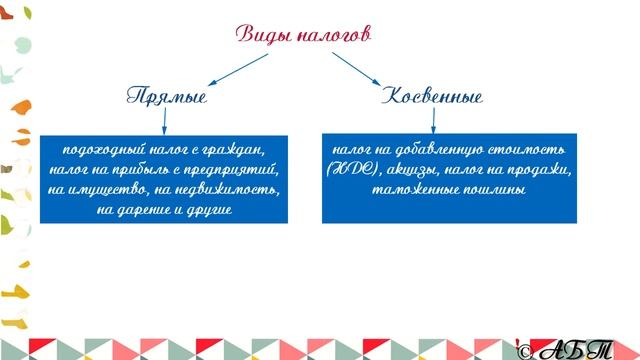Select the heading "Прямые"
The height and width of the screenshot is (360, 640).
[167, 98]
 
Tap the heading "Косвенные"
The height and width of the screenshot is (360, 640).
[432, 98]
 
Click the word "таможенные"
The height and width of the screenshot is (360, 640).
[412, 189]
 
